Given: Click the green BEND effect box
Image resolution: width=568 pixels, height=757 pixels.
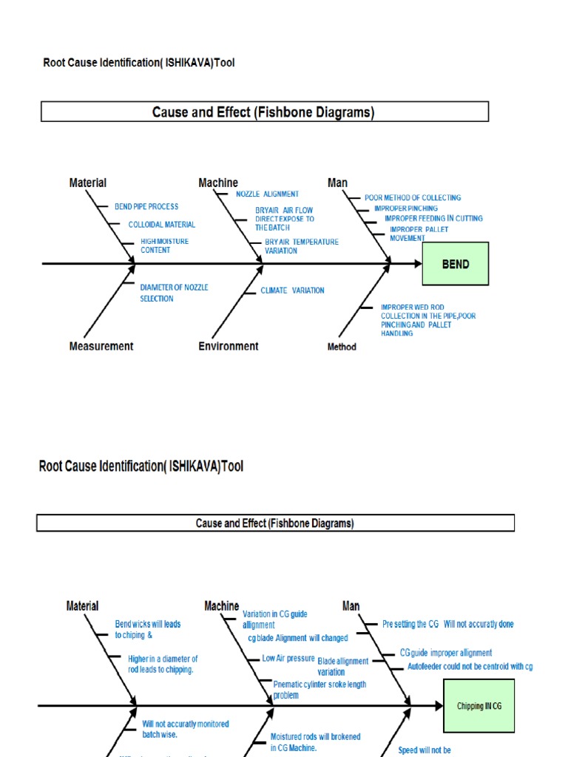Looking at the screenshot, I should pyautogui.click(x=455, y=264).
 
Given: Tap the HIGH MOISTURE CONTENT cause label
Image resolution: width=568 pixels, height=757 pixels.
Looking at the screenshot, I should pyautogui.click(x=164, y=245).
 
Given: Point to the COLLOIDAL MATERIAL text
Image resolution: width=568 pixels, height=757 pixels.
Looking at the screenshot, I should pyautogui.click(x=161, y=225).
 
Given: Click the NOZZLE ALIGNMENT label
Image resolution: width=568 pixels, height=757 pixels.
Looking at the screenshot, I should pyautogui.click(x=267, y=194).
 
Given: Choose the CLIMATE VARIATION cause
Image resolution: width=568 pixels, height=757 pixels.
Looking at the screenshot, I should pyautogui.click(x=292, y=291).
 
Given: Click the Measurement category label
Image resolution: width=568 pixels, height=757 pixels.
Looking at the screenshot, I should pyautogui.click(x=101, y=346).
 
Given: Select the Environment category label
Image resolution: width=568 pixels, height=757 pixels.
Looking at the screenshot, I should pyautogui.click(x=229, y=346).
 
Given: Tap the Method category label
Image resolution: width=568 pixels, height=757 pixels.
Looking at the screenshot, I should pyautogui.click(x=342, y=347).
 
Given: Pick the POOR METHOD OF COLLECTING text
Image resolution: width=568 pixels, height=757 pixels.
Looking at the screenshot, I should pyautogui.click(x=413, y=197).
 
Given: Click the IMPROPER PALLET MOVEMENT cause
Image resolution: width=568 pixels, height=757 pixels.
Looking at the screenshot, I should pyautogui.click(x=419, y=234).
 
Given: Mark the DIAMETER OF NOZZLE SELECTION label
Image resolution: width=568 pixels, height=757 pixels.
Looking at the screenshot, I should pyautogui.click(x=174, y=293).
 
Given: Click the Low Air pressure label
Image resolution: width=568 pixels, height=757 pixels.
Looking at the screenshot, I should pyautogui.click(x=288, y=658).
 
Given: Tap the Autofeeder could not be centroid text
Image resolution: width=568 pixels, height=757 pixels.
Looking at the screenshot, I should pyautogui.click(x=470, y=666).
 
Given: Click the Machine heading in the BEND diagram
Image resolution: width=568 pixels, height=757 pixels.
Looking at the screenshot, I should pyautogui.click(x=218, y=183).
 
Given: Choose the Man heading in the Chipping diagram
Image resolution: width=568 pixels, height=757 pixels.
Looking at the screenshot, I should pyautogui.click(x=351, y=606).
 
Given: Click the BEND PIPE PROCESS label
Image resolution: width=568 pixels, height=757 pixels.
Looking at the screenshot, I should pyautogui.click(x=146, y=206).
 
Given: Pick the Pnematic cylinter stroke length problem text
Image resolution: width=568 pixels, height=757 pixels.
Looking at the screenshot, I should pyautogui.click(x=319, y=690).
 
